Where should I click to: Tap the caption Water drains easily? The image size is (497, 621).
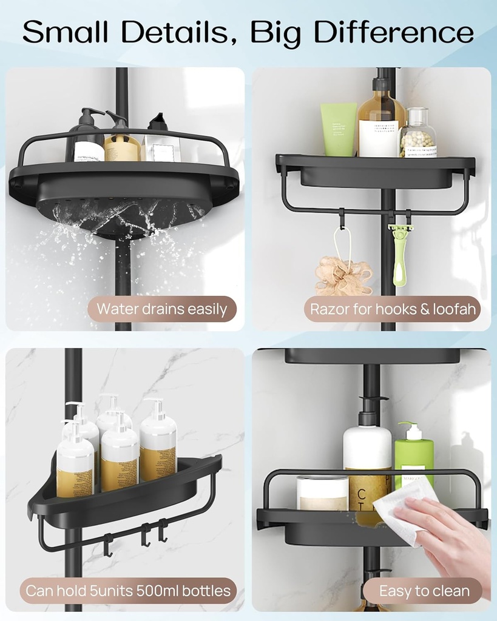pos(161,309)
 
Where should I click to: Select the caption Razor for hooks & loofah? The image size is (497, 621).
pos(392,309)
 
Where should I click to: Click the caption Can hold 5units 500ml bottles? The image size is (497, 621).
pos(128,590)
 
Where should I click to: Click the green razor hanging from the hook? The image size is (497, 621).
pos(400,255)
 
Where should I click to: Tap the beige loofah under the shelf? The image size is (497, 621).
pos(343,276)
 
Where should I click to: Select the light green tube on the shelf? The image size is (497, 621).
pos(339,129)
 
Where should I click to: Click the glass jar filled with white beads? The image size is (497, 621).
pos(418,135)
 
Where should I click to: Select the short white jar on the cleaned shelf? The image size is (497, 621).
pos(322,492)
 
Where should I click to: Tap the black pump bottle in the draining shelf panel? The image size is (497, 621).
pos(86,138)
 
